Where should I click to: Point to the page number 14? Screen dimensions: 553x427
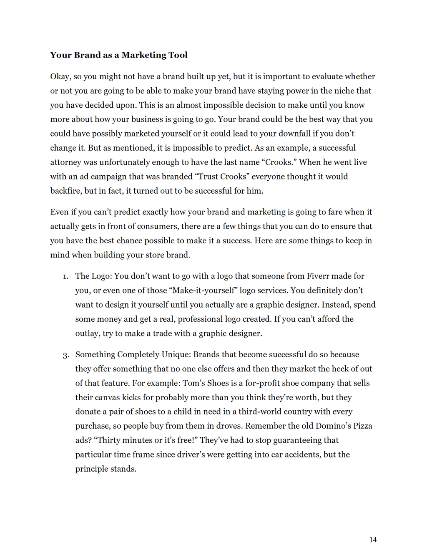pyautogui.click(x=373, y=540)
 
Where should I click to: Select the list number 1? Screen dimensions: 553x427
pyautogui.click(x=65, y=277)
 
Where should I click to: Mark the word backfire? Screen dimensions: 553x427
pyautogui.click(x=65, y=191)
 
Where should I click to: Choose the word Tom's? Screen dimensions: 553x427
pyautogui.click(x=194, y=383)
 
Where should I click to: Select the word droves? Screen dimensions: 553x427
pyautogui.click(x=229, y=426)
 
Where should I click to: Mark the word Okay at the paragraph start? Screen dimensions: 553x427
pyautogui.click(x=60, y=76)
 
